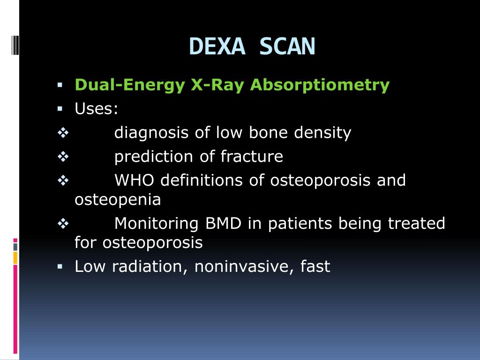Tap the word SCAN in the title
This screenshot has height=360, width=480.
(287, 47)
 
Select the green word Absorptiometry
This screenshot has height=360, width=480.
(320, 85)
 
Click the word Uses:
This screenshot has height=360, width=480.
(97, 109)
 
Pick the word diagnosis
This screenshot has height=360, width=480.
(152, 133)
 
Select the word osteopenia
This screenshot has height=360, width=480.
(118, 200)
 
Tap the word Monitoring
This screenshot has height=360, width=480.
(157, 224)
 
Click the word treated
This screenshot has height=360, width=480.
(416, 224)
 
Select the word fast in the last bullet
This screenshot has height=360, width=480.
(315, 267)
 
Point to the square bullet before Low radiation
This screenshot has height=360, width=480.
(60, 266)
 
